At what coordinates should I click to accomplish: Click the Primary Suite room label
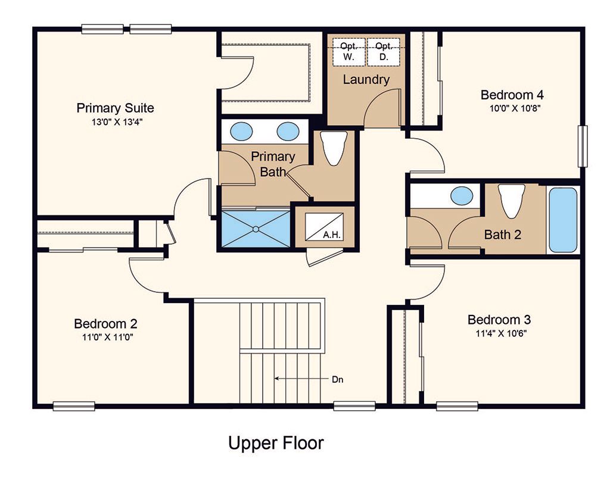click(x=115, y=108)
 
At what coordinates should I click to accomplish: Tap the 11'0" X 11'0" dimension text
click(x=107, y=337)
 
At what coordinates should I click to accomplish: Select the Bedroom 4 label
click(x=512, y=95)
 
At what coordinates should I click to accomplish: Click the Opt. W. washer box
click(x=348, y=52)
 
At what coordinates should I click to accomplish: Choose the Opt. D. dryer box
click(x=384, y=52)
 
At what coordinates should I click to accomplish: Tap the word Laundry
click(x=366, y=80)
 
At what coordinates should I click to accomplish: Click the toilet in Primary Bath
click(x=334, y=148)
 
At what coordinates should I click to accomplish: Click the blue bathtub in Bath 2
click(x=562, y=220)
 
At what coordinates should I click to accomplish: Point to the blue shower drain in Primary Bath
click(x=256, y=229)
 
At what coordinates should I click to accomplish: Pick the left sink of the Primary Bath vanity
click(x=241, y=132)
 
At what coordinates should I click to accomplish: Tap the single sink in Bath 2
click(x=462, y=196)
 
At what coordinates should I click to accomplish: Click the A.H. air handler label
click(x=332, y=235)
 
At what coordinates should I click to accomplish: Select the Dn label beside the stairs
click(x=337, y=380)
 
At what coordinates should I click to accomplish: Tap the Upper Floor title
click(x=276, y=443)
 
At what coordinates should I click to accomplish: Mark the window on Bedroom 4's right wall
click(x=583, y=146)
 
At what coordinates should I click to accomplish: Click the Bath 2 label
click(x=503, y=235)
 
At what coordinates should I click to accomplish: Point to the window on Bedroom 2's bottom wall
click(x=74, y=406)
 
